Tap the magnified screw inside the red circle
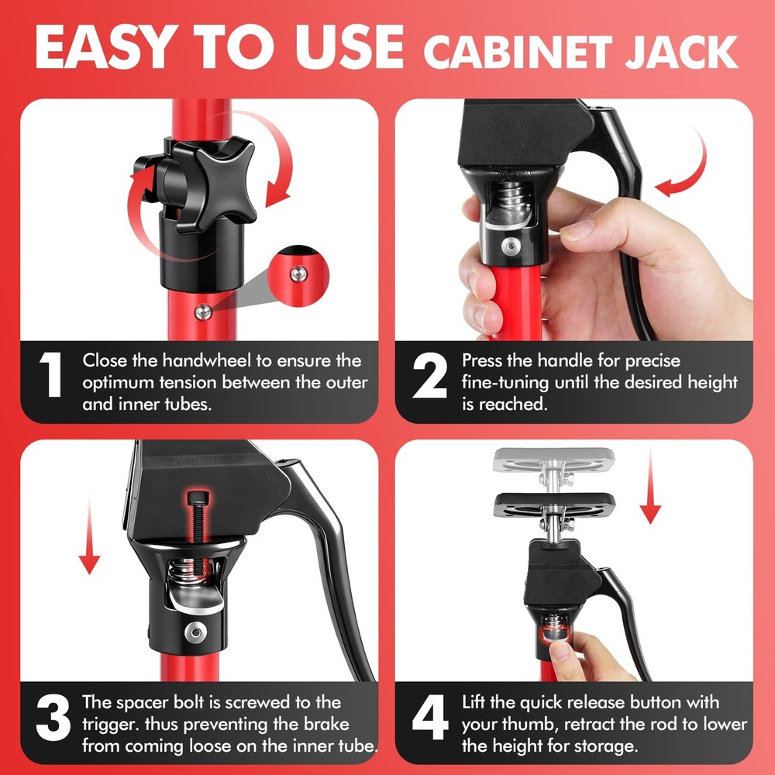(295, 272)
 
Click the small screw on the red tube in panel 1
(202, 311)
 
